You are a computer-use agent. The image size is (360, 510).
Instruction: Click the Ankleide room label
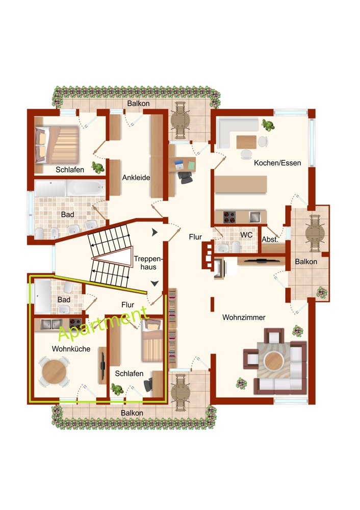coord(136,177)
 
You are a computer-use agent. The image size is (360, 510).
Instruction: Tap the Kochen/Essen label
coord(277,163)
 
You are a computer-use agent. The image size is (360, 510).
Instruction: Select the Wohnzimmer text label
coord(244,317)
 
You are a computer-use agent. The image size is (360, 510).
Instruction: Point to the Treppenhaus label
coord(148,263)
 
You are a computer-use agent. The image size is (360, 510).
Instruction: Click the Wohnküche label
coord(71,349)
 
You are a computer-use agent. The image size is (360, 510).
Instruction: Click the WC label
coord(246,235)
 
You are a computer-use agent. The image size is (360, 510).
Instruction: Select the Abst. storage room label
coord(270,239)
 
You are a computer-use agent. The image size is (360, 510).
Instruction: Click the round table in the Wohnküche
coord(55,371)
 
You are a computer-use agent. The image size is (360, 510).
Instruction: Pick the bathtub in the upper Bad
coord(86,188)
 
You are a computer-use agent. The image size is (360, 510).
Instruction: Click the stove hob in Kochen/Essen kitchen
coord(229,217)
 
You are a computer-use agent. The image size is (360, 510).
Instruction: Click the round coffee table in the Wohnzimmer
coord(274,361)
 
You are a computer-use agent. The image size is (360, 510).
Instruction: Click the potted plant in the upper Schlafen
coord(97,167)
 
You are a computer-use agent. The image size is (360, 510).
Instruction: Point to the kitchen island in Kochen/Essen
coord(241,184)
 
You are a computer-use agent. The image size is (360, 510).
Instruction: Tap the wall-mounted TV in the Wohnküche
coord(102,366)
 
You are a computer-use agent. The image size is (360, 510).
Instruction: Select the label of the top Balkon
coord(139,104)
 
